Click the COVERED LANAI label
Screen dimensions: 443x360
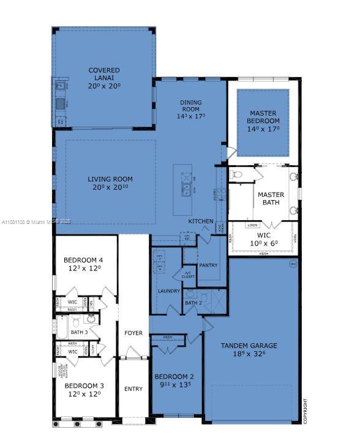pyautogui.click(x=103, y=74)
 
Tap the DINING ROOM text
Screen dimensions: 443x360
pyautogui.click(x=190, y=106)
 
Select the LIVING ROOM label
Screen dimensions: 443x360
pyautogui.click(x=110, y=179)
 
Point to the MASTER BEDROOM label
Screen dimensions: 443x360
pyautogui.click(x=263, y=117)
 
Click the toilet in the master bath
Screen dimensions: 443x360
pyautogui.click(x=238, y=175)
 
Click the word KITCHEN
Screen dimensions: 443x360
pyautogui.click(x=201, y=221)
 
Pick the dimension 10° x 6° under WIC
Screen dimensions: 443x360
pyautogui.click(x=264, y=243)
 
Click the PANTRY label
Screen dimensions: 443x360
pyautogui.click(x=209, y=265)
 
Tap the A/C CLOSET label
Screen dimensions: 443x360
pyautogui.click(x=188, y=275)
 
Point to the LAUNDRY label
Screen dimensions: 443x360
pyautogui.click(x=168, y=291)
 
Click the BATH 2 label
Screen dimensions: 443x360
pyautogui.click(x=193, y=303)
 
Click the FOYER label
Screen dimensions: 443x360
pyautogui.click(x=133, y=333)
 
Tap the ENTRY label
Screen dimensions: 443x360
pyautogui.click(x=133, y=389)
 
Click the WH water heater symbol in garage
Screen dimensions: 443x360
pyautogui.click(x=293, y=264)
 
